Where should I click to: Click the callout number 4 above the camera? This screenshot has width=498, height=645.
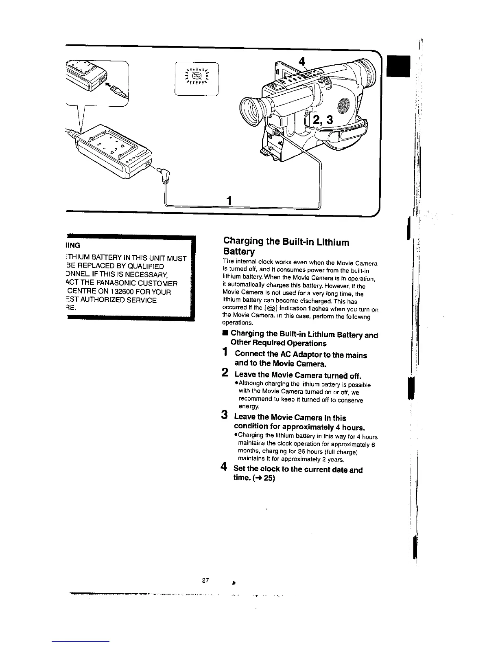click(301, 61)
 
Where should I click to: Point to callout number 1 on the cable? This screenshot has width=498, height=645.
click(229, 200)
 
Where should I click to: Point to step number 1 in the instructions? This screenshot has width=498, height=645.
click(225, 352)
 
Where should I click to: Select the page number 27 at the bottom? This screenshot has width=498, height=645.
click(205, 581)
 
